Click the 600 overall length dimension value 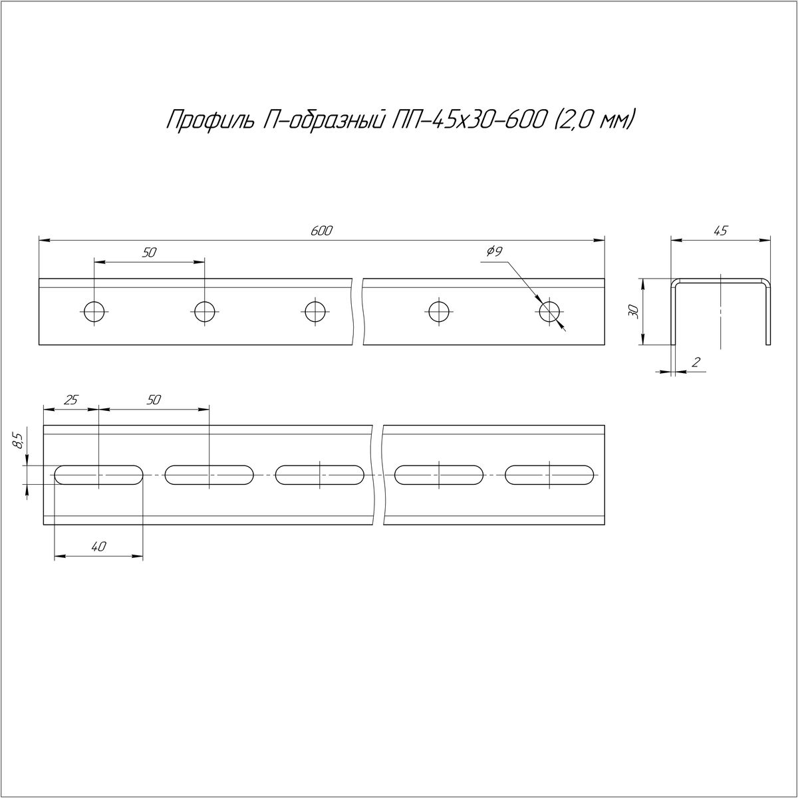pos(321,231)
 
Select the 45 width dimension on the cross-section pos(721,231)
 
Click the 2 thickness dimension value pos(696,362)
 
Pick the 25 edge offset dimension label pos(71,400)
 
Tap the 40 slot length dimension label pos(98,547)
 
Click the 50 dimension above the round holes pos(149,252)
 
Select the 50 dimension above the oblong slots pos(153,400)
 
